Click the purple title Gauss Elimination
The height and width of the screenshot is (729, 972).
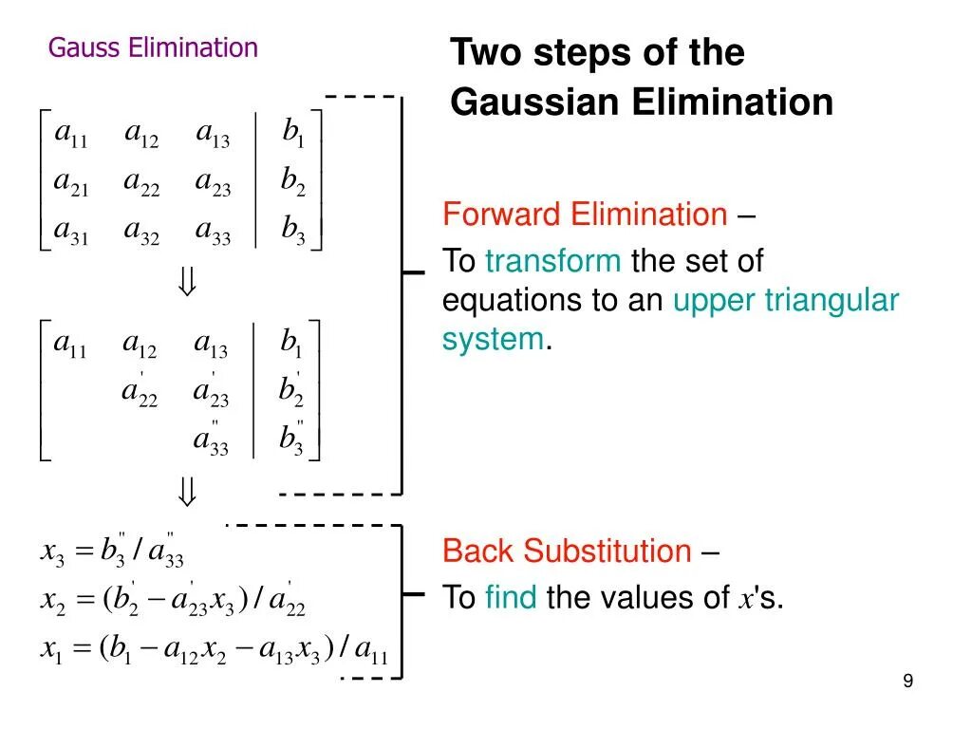pos(153,47)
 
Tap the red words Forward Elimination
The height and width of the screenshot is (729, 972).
pos(585,215)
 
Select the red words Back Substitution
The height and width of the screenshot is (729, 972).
pos(567,551)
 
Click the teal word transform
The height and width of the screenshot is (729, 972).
pos(553,261)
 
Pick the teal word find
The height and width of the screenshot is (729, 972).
pos(511,597)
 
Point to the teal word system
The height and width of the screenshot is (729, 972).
pos(493,339)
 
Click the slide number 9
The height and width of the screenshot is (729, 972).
pos(908,681)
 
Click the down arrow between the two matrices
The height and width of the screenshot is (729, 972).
pos(187,282)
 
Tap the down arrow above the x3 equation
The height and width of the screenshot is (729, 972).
pos(187,492)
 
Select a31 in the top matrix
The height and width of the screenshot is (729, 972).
pos(70,232)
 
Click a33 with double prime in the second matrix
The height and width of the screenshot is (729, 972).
pos(211,440)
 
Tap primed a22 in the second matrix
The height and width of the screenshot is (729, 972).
pos(140,392)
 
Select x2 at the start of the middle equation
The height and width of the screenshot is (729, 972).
pos(51,600)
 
